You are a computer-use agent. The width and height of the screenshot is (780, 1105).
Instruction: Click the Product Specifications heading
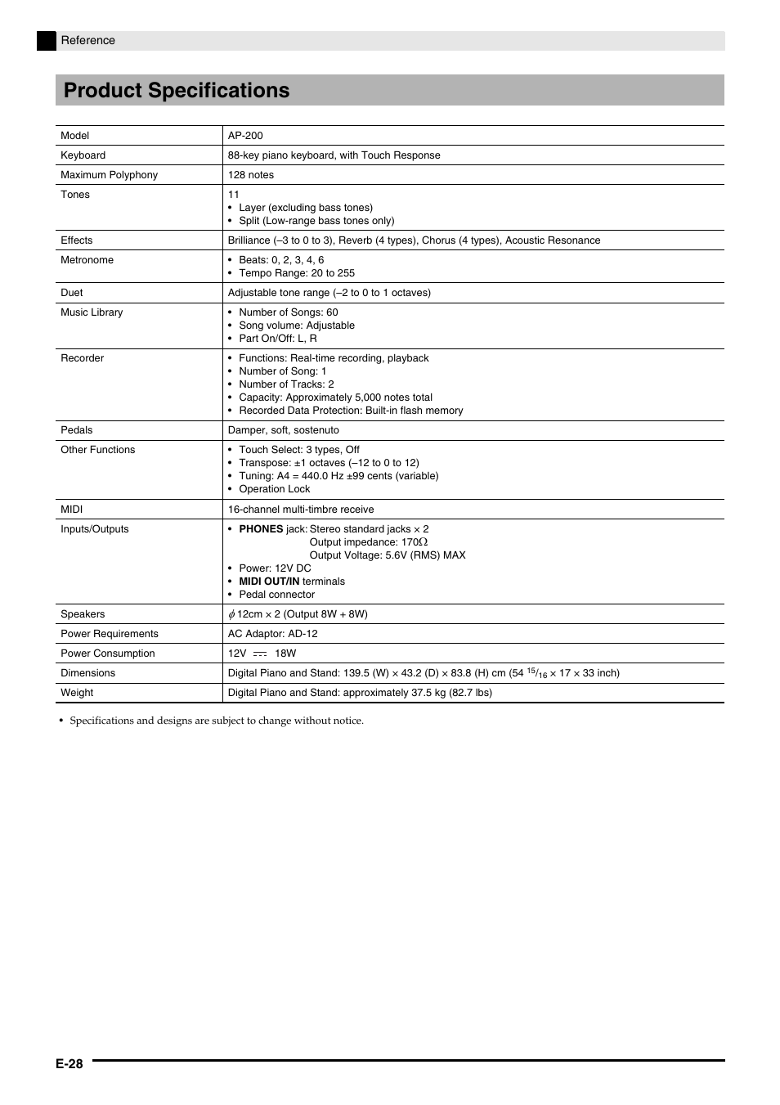177,91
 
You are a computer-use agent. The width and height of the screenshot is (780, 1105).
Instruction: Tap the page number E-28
69,1063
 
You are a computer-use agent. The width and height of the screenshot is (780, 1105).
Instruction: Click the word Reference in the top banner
88,41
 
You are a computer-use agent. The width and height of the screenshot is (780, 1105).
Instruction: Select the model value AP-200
245,136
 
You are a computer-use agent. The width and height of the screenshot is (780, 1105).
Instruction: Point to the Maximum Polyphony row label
109,175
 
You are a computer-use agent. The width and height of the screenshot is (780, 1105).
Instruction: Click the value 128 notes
251,175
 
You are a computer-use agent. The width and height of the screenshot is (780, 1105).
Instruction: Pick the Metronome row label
87,260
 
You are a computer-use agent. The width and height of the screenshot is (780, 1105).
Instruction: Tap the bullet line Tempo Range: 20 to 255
297,273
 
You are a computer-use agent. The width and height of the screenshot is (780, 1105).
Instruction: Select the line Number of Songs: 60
288,312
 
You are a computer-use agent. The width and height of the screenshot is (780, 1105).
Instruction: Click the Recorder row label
82,358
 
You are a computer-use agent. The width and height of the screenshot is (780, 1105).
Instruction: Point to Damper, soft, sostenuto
283,430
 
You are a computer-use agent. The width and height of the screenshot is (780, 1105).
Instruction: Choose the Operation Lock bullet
274,489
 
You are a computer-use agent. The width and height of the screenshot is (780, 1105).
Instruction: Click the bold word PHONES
261,529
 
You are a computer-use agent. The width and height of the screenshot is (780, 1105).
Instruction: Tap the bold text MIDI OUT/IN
269,582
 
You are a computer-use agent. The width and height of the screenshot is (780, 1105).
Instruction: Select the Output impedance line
368,542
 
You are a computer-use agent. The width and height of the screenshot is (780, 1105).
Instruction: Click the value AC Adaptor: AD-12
272,634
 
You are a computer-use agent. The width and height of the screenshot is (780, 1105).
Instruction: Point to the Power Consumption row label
107,654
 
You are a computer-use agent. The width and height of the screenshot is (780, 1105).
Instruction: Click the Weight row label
77,693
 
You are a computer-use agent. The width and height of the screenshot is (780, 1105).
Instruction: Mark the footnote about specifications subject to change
216,721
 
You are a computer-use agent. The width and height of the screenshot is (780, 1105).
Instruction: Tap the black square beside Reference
47,41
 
